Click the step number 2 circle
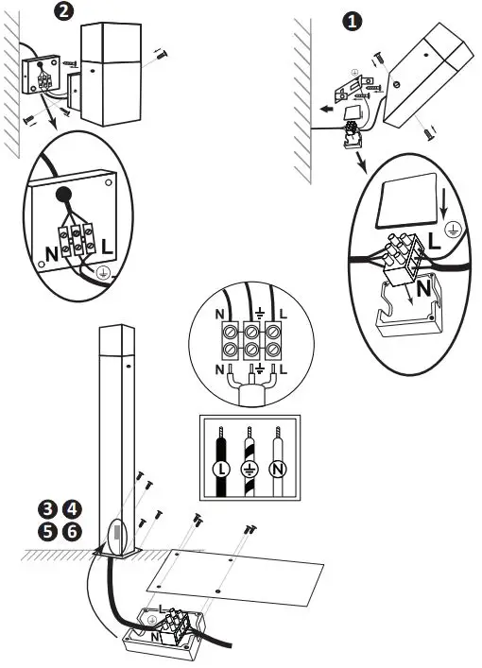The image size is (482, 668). coord(63,12)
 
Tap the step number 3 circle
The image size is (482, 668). coord(45,511)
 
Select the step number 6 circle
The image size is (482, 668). coord(71,531)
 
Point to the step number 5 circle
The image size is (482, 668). coord(45,531)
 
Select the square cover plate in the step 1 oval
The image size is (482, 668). coord(408,200)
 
